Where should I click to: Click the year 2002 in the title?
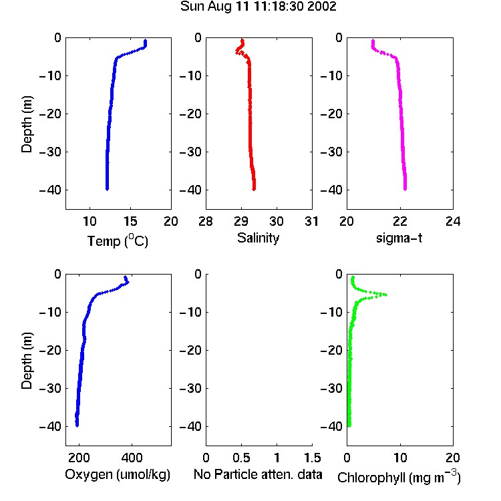tap(322, 7)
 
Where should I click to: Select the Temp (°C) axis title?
tap(118, 240)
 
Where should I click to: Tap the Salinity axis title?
tap(258, 238)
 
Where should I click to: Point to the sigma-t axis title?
tap(399, 238)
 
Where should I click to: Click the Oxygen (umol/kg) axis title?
tap(118, 474)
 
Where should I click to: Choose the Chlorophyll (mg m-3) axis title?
tap(399, 477)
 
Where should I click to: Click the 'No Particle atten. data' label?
tap(258, 474)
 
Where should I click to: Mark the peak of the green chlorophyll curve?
tap(386, 295)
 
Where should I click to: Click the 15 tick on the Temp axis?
tap(130, 221)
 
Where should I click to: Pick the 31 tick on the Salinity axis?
tap(311, 221)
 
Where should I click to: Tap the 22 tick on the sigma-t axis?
tap(399, 221)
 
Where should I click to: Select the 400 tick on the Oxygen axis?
tap(132, 458)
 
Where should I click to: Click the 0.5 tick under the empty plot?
tap(241, 458)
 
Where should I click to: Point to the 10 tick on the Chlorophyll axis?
tap(400, 458)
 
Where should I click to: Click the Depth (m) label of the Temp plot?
tap(27, 124)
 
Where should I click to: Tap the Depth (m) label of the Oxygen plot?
tap(27, 361)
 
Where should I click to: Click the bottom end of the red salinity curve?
tap(254, 190)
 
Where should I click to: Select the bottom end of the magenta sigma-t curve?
tap(405, 189)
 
